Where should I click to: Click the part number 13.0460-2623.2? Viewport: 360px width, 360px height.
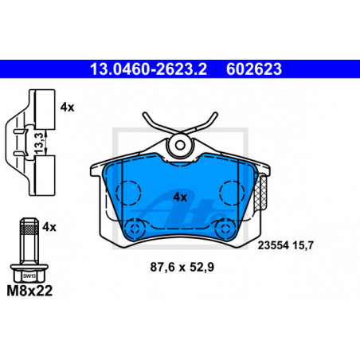[x=148, y=69]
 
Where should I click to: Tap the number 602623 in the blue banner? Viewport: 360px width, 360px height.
[x=254, y=69]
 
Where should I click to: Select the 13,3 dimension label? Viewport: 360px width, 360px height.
[x=39, y=143]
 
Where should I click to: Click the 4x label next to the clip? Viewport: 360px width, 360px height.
[x=67, y=108]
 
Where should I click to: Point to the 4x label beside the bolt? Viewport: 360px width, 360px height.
[x=49, y=227]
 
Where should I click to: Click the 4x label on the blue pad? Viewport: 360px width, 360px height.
[x=180, y=198]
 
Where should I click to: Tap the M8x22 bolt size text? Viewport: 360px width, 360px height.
[x=29, y=291]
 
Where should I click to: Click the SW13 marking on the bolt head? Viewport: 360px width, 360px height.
[x=29, y=276]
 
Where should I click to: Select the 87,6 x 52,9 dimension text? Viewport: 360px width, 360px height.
[x=182, y=267]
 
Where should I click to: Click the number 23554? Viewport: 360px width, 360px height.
[x=273, y=245]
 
